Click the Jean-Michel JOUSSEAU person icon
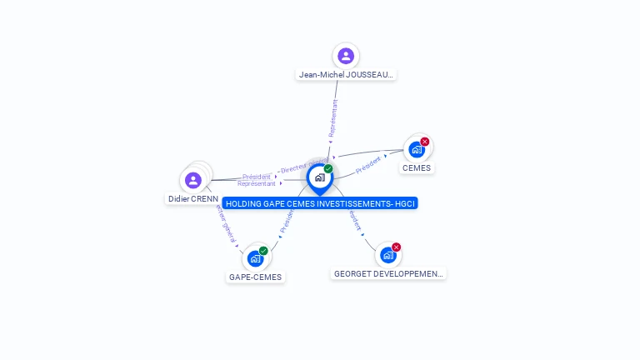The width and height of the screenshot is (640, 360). coord(346,56)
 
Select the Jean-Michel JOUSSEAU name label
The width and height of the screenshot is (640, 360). coord(346,74)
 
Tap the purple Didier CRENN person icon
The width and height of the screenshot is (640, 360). coord(193,180)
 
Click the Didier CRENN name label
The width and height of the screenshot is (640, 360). coord(192,199)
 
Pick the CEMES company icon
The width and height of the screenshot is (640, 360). coord(415,149)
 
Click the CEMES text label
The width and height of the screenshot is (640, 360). coord(417,167)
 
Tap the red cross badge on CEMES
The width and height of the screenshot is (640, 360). coord(425,142)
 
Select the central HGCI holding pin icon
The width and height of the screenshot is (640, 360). coord(319,177)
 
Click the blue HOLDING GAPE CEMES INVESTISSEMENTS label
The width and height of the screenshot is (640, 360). coord(320,203)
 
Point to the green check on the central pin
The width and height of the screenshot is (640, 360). coord(328,168)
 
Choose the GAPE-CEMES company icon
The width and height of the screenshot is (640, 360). coord(255,258)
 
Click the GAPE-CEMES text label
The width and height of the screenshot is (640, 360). coord(256,277)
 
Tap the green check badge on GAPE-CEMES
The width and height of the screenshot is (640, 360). coord(263,251)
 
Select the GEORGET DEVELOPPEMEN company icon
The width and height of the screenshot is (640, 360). coord(387,255)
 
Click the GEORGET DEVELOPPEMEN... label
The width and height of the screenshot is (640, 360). coord(388,273)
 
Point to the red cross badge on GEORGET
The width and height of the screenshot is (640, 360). coord(397,247)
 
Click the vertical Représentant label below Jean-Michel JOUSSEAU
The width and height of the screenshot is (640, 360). coord(333,118)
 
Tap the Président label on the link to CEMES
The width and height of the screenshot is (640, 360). coord(368,165)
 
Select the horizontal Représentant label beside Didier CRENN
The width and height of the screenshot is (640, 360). coord(256,183)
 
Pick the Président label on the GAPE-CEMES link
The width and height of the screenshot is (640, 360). coord(286,220)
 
